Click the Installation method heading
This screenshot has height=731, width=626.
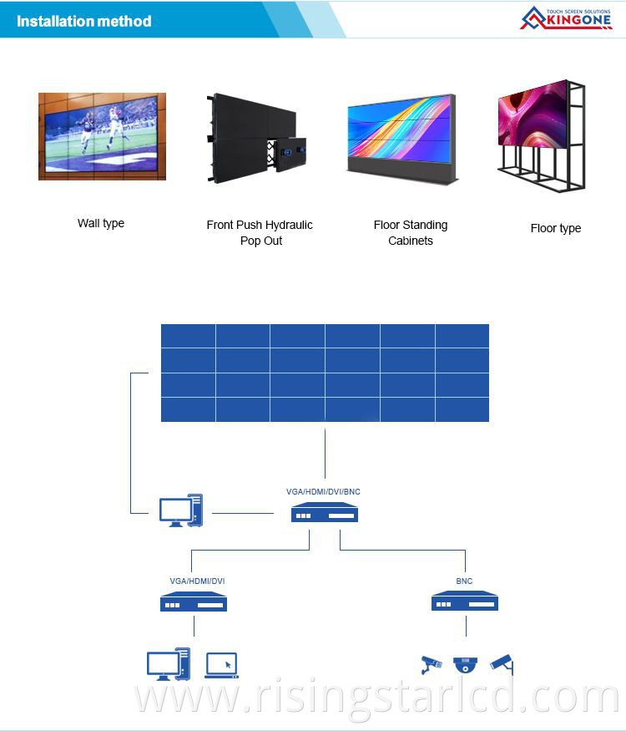[83, 21]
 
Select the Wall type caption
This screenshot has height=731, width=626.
[101, 223]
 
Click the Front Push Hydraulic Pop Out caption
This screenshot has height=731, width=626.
[260, 233]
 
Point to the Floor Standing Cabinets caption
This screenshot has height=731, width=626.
[411, 233]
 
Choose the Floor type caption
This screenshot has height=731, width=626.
[556, 228]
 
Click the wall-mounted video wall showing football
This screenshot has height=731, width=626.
[102, 136]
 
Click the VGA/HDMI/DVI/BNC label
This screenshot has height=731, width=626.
[323, 492]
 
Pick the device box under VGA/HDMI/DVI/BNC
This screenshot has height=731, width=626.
[324, 514]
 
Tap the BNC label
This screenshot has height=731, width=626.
[464, 581]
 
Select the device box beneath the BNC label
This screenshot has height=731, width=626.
[464, 602]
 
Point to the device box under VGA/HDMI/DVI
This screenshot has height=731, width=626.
[194, 602]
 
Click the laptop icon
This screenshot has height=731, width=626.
[221, 665]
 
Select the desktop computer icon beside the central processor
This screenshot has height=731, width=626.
[181, 510]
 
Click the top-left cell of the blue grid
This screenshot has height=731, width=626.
[188, 336]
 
